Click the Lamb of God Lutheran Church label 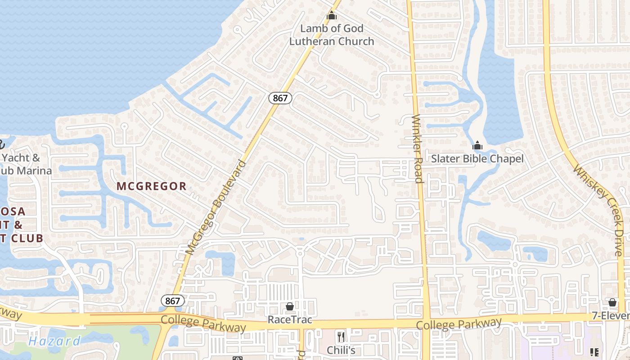pos(332,35)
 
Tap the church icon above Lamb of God pos(332,16)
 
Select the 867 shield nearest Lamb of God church pos(280,98)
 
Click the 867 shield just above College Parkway pos(173,301)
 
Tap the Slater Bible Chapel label pos(477,158)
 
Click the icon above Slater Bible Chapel pos(477,145)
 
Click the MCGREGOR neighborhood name pos(151,186)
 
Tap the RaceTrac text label pos(290,319)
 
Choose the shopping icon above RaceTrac pos(290,307)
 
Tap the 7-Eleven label pos(612,316)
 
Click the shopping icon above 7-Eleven pos(612,302)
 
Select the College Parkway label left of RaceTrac pos(203,323)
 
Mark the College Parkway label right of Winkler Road pos(459,324)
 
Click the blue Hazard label pos(54,341)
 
